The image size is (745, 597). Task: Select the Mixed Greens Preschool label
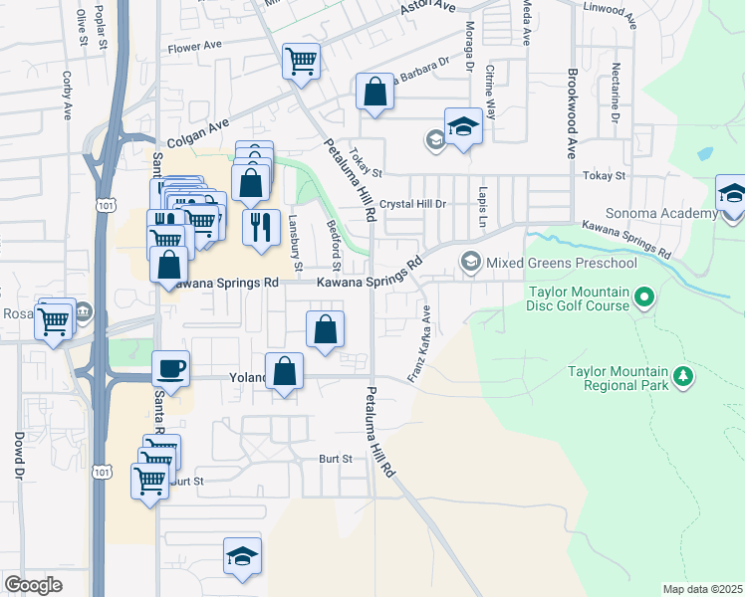561,263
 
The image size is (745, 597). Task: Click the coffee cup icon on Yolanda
170,370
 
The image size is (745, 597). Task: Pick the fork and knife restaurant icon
262,226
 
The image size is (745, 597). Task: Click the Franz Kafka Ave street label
419,344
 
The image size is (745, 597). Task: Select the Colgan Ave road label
198,135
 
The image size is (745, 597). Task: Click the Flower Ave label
194,46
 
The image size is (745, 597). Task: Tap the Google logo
33,585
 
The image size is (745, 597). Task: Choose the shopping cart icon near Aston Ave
301,62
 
